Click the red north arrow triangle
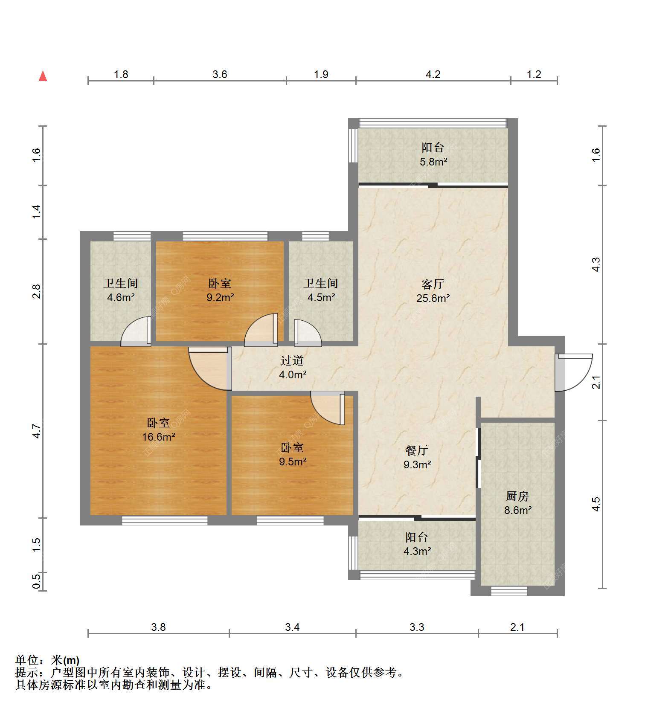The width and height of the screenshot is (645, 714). pyautogui.click(x=43, y=76)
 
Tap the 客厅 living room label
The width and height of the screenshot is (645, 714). pyautogui.click(x=433, y=284)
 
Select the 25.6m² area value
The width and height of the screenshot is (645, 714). pyautogui.click(x=433, y=298)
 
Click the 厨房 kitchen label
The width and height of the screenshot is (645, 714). pyautogui.click(x=517, y=496)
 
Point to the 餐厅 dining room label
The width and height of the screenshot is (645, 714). pyautogui.click(x=416, y=450)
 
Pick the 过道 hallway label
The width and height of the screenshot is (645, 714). pyautogui.click(x=292, y=361)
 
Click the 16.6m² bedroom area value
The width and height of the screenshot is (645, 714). pyautogui.click(x=159, y=437)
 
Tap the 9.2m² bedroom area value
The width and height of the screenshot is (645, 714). pyautogui.click(x=220, y=297)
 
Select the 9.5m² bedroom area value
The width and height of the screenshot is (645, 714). pyautogui.click(x=293, y=461)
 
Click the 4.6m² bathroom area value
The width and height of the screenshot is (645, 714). pyautogui.click(x=121, y=297)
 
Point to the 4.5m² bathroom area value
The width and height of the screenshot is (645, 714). pyautogui.click(x=321, y=297)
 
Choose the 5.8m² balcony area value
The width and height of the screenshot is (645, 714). pyautogui.click(x=433, y=162)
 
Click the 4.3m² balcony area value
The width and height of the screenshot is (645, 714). pyautogui.click(x=417, y=551)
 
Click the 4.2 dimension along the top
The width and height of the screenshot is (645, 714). pyautogui.click(x=433, y=75)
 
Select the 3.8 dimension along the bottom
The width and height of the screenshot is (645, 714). pyautogui.click(x=158, y=627)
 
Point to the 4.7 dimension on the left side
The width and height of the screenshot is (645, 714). pyautogui.click(x=37, y=431)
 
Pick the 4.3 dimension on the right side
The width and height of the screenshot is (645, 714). pyautogui.click(x=596, y=264)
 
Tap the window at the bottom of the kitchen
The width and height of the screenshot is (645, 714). pyautogui.click(x=509, y=591)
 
